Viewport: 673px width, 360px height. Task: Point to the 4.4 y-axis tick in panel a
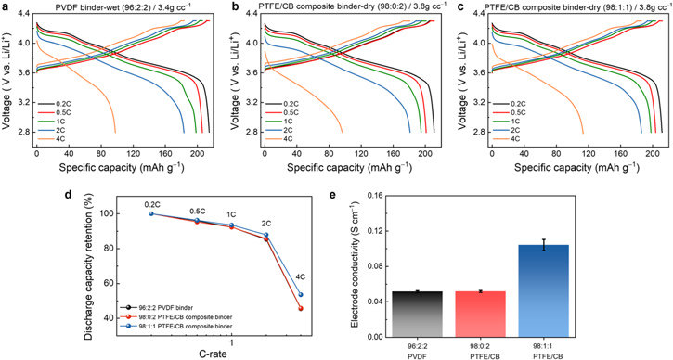pyautogui.click(x=20, y=15)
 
